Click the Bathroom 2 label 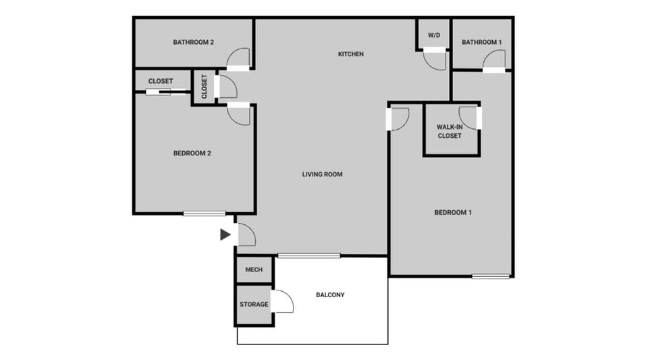pyautogui.click(x=193, y=42)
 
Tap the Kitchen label pyautogui.click(x=351, y=54)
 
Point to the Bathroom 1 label pyautogui.click(x=482, y=43)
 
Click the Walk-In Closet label pyautogui.click(x=450, y=131)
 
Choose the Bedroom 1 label pyautogui.click(x=452, y=213)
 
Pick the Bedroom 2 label pyautogui.click(x=192, y=153)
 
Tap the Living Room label pyautogui.click(x=322, y=174)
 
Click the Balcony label pyautogui.click(x=330, y=294)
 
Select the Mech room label pyautogui.click(x=254, y=270)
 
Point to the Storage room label pyautogui.click(x=254, y=305)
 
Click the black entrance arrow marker pyautogui.click(x=225, y=235)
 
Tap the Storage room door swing pyautogui.click(x=282, y=302)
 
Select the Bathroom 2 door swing pyautogui.click(x=238, y=59)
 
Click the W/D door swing pyautogui.click(x=435, y=59)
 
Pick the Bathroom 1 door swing pyautogui.click(x=493, y=60)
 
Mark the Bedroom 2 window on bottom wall pyautogui.click(x=205, y=214)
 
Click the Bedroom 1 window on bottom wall pyautogui.click(x=491, y=276)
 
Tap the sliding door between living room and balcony pyautogui.click(x=309, y=255)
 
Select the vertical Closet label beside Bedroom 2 pyautogui.click(x=204, y=86)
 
